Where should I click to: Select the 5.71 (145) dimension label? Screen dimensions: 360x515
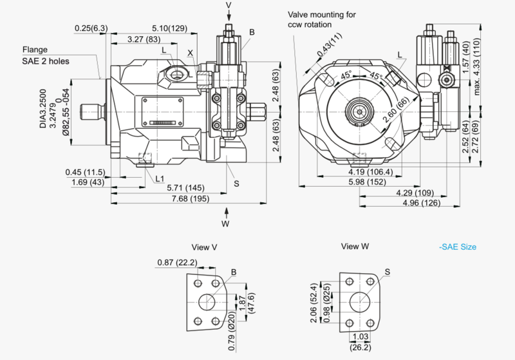tap(185, 187)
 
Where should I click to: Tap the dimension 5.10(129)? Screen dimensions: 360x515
tap(170, 28)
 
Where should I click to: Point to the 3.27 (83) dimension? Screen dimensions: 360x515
tap(144, 39)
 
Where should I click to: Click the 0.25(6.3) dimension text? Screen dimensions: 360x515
tap(91, 28)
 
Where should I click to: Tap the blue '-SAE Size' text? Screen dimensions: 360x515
tap(458, 247)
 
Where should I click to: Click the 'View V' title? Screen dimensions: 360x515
tap(205, 247)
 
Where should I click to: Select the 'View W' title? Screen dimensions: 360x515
tap(355, 247)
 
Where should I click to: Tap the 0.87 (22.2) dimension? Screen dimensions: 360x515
tap(175, 262)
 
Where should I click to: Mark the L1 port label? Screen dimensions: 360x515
tap(158, 178)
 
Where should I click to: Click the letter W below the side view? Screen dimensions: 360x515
tap(225, 223)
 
